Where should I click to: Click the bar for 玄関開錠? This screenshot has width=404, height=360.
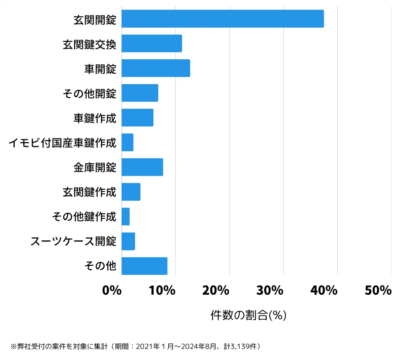(223, 19)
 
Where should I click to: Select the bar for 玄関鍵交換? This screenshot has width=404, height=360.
(152, 43)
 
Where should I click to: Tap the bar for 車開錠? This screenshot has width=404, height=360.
(156, 68)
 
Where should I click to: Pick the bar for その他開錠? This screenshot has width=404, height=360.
(140, 93)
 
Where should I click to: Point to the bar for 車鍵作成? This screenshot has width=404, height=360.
(137, 118)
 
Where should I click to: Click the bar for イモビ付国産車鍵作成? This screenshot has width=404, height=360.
(128, 142)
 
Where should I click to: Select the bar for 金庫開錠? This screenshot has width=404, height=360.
(142, 167)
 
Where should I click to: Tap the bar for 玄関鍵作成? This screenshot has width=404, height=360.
(131, 192)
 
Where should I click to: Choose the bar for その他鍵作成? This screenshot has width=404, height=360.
(126, 217)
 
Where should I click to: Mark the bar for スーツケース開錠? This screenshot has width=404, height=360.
(128, 241)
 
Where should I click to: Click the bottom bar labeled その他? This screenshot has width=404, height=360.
(144, 266)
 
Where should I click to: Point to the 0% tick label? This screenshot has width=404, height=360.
(112, 290)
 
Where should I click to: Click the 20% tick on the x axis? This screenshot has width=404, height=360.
(216, 290)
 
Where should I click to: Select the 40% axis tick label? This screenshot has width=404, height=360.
(324, 290)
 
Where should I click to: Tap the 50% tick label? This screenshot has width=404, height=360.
(378, 290)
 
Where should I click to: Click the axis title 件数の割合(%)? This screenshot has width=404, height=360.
(248, 315)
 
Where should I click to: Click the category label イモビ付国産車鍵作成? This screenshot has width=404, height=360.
(63, 143)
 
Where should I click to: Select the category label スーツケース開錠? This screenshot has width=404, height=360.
(73, 241)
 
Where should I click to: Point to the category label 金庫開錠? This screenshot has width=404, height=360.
(95, 167)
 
